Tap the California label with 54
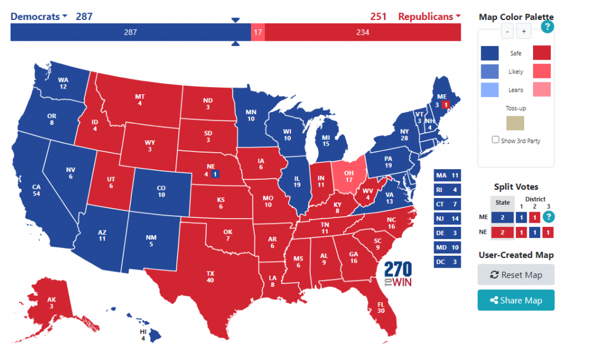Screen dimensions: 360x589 37,190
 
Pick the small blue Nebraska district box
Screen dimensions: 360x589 216,174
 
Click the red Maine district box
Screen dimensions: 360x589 446,104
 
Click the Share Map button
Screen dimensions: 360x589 515,300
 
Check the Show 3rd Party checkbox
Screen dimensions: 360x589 495,140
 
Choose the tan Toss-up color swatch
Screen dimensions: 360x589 515,123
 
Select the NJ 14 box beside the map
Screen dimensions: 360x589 447,219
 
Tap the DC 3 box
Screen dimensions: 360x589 447,262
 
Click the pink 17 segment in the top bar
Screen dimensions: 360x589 257,32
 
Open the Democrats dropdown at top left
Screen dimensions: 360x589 39,16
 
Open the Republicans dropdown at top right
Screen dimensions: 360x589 429,16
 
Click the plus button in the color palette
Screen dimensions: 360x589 524,31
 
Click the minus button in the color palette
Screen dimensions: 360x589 507,31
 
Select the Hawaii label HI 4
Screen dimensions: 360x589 143,334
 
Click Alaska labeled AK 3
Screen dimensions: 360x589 52,302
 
